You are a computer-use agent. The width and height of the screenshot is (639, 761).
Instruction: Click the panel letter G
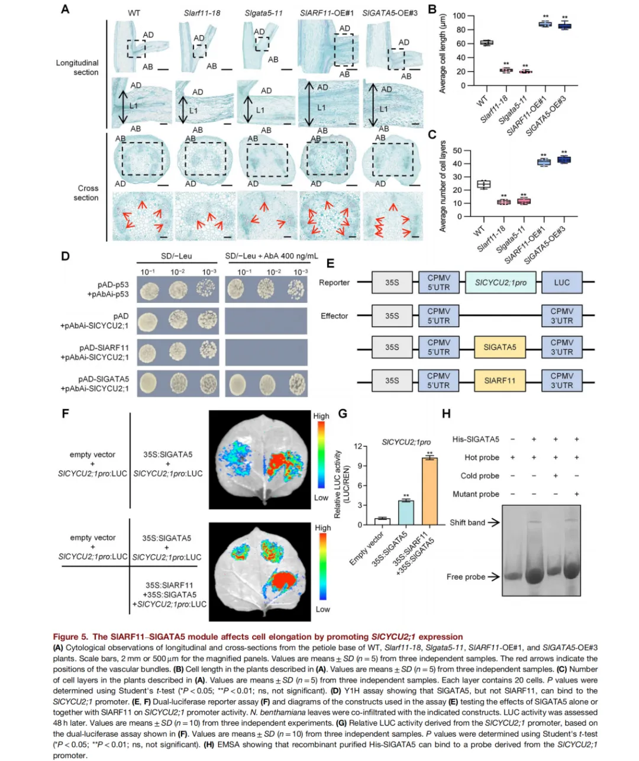click(x=343, y=414)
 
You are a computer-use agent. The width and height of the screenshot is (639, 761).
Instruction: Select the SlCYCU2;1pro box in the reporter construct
click(x=501, y=282)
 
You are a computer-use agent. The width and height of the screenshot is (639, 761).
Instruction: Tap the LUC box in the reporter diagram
click(x=561, y=282)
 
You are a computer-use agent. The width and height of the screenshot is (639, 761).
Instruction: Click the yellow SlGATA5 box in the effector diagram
click(x=500, y=347)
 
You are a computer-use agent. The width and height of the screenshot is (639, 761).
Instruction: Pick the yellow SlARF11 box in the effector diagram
click(x=500, y=380)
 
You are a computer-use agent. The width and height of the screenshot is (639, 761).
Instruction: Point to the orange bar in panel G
click(x=430, y=491)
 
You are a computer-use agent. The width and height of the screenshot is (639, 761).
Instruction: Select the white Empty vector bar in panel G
click(x=382, y=521)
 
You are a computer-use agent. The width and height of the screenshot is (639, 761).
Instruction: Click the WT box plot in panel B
click(x=486, y=43)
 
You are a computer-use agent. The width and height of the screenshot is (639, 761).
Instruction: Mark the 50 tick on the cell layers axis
click(x=457, y=151)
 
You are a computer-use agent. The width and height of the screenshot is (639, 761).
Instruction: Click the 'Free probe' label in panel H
click(x=466, y=577)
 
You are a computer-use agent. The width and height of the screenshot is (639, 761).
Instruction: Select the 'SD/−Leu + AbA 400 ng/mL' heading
click(x=272, y=256)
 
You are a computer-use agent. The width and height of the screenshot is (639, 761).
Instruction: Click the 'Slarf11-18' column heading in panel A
click(x=202, y=13)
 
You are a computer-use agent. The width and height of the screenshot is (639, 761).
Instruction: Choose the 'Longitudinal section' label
click(x=78, y=67)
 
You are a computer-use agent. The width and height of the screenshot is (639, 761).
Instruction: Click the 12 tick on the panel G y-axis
click(x=357, y=446)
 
